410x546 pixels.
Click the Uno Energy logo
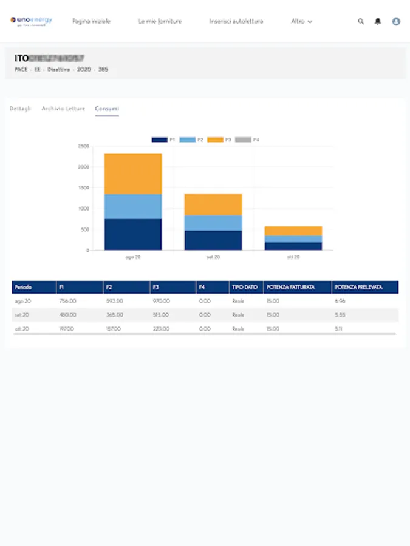(31, 21)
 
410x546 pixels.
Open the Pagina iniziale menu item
(91, 21)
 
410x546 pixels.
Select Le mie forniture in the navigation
(160, 21)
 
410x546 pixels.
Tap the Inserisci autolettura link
(236, 21)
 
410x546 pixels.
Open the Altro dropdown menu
(301, 21)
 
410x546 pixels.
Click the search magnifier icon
(361, 21)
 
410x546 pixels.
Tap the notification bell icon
(378, 21)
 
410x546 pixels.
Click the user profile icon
(396, 21)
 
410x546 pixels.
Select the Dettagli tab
(20, 109)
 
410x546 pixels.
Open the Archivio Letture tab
(63, 109)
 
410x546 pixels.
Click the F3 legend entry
(219, 140)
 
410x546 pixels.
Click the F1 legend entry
(163, 140)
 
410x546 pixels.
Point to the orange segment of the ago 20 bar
(133, 174)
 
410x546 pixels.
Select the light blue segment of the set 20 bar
(213, 223)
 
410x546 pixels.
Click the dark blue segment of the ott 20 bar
(293, 246)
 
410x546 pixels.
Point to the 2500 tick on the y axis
(84, 146)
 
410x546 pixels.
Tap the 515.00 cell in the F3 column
(160, 315)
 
